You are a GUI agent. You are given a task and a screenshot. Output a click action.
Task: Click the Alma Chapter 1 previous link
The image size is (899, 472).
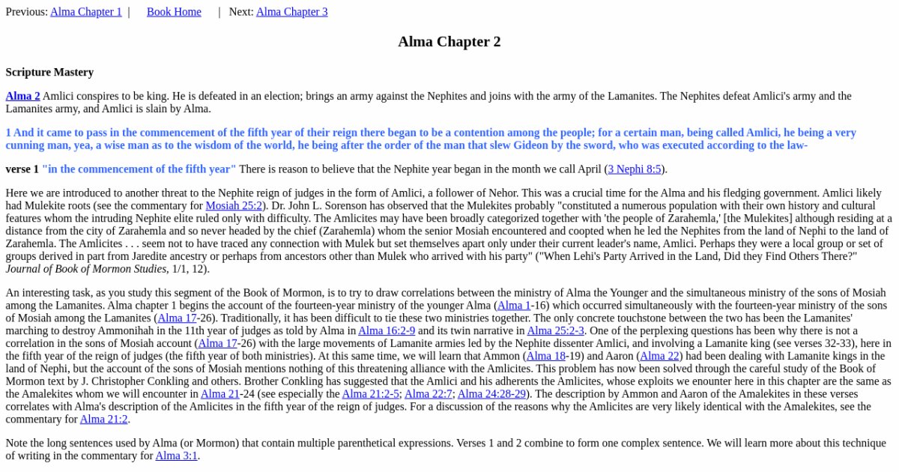coord(85,12)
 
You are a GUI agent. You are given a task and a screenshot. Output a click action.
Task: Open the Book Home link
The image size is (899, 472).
coord(174,12)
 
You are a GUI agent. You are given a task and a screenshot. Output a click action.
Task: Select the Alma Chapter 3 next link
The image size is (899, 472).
coord(291,12)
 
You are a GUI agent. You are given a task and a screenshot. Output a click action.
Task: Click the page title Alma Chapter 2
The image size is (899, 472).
coord(449,42)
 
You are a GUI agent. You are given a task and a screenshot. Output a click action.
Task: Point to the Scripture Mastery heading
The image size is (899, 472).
coord(49,73)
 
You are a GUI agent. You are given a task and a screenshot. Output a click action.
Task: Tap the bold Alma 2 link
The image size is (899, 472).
coord(22,96)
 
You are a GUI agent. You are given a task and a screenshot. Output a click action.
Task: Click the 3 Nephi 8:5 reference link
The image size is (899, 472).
coord(634,169)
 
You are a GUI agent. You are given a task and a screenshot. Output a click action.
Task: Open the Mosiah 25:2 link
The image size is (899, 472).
coord(233,205)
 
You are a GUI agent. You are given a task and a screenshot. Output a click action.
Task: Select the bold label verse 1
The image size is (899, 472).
coord(22,169)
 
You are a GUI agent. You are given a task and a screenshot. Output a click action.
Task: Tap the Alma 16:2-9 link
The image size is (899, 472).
coord(386,330)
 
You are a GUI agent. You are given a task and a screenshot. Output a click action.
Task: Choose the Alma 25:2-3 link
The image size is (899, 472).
coord(555,330)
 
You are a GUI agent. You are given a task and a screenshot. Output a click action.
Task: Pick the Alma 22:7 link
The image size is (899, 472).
coord(428,394)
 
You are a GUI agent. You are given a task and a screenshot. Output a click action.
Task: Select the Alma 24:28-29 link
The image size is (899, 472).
coord(491,394)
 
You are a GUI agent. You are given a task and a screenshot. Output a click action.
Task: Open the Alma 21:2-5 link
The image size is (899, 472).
coord(370,394)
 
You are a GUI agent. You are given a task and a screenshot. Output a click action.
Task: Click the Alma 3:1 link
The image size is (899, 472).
coord(176,456)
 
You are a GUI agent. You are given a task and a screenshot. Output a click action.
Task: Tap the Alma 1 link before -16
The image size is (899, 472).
coord(513,306)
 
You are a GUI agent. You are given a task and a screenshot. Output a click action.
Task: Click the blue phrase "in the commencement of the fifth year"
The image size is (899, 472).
coord(139,169)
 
